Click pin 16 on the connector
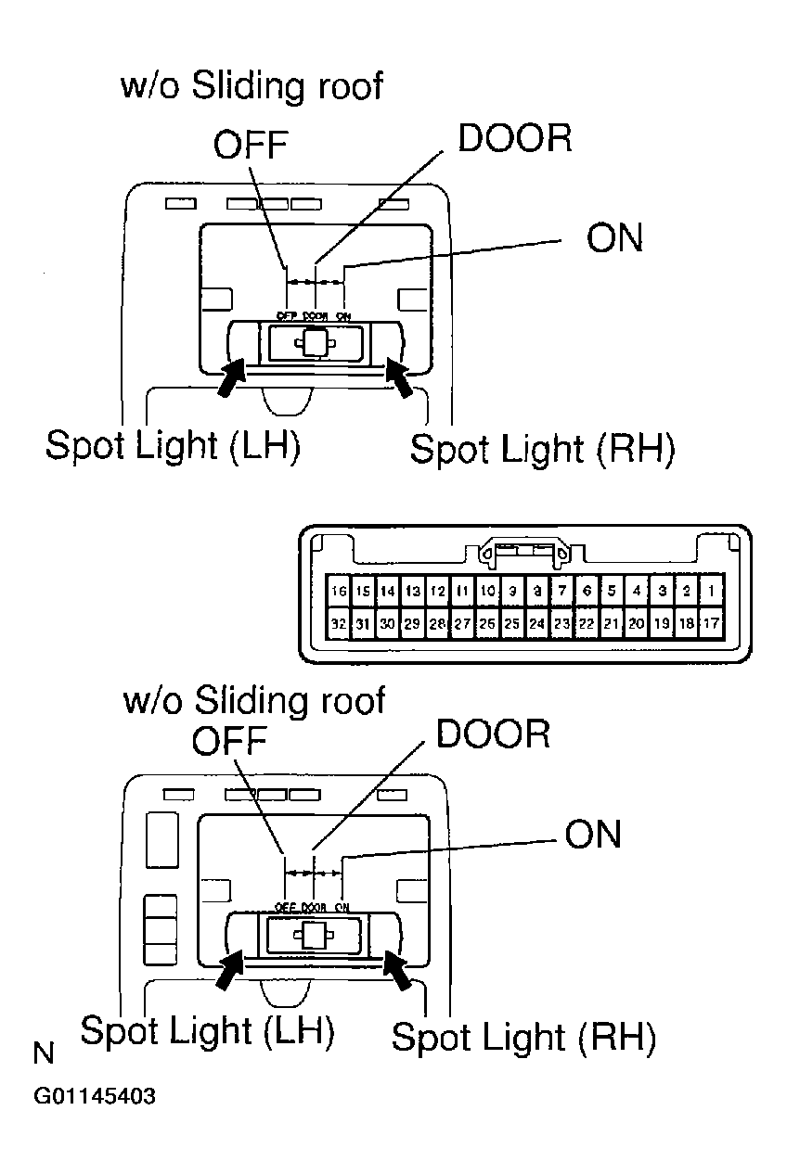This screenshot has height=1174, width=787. pos(339,591)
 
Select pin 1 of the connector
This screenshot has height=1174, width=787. pos(711,591)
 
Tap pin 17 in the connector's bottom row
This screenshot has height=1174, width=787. pos(711,624)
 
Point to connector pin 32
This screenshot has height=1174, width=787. pos(339,624)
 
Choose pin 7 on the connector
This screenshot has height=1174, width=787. pos(561,591)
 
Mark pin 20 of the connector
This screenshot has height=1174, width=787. pos(637,624)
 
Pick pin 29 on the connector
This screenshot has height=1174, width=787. pos(413,624)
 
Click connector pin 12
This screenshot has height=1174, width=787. pos(438,591)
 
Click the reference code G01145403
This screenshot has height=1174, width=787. pos(95,1097)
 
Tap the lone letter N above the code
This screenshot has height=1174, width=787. pos(44,1053)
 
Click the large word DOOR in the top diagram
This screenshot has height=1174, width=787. pos(515,138)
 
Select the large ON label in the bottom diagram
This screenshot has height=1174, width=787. pos(593,835)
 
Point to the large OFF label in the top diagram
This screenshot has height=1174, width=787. pos(252,145)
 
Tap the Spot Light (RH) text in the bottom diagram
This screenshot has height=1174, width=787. pos(523,1037)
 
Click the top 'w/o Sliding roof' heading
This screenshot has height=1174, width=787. pos(252,86)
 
